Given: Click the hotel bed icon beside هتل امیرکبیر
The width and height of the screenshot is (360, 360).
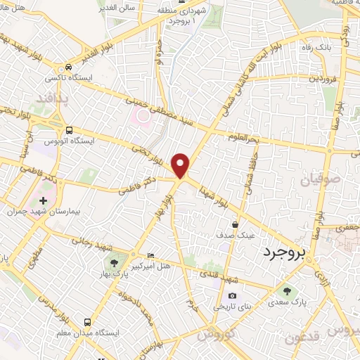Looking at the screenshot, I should click(149, 255).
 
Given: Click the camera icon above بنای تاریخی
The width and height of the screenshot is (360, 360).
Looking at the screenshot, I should click(232, 295).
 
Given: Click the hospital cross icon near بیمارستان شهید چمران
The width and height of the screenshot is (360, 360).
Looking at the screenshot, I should click(44, 200).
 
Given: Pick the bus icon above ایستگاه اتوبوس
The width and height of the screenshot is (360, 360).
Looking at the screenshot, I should click(69, 130).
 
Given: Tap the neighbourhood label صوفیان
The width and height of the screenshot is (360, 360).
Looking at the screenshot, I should click(319, 181).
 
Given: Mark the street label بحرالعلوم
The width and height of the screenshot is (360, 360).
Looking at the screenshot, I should click(245, 136).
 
